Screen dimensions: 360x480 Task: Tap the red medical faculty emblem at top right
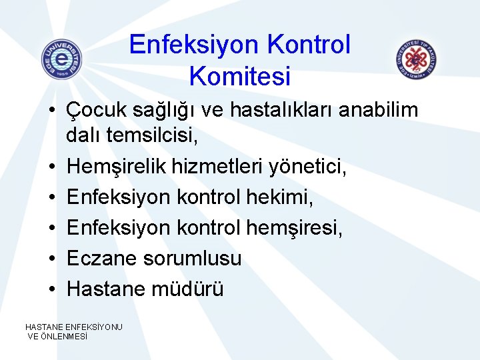tap(415, 59)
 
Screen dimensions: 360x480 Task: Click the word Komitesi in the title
tap(240, 77)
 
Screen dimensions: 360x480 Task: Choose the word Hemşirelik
tap(127, 167)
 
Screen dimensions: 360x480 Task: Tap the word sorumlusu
tap(193, 258)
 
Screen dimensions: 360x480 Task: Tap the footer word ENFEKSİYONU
tap(93, 327)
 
